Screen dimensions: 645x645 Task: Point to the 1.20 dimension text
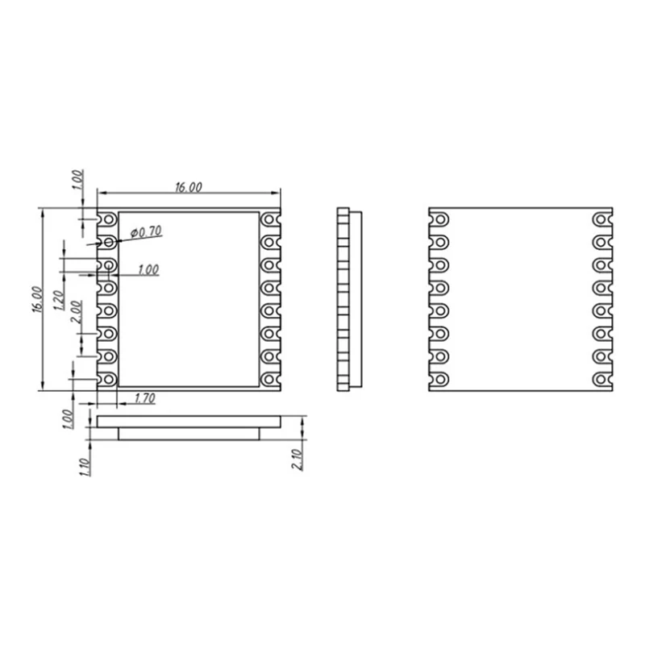pos(58,301)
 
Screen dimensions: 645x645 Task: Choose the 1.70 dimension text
pos(145,397)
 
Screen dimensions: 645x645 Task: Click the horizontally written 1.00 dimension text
pos(148,271)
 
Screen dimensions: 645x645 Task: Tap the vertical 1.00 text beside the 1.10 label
pos(68,418)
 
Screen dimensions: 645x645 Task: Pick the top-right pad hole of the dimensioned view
pos(269,219)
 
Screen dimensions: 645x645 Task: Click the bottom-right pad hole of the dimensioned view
pos(269,379)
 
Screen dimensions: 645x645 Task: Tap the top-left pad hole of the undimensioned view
pos(440,219)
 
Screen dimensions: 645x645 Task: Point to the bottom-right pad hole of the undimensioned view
pos(601,379)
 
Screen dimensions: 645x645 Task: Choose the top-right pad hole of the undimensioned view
pos(601,219)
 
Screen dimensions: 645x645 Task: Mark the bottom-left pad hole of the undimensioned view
pos(440,379)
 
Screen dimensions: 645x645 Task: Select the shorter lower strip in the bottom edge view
pos(189,434)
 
